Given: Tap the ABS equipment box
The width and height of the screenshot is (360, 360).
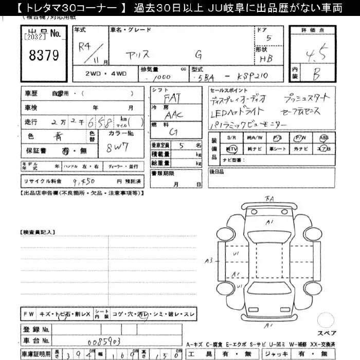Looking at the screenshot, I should [323, 138].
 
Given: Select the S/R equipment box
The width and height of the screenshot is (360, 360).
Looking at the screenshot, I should [231, 138].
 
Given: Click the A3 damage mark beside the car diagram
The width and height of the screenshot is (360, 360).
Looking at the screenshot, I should [208, 261].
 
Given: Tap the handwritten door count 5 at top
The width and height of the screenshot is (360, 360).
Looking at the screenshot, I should [268, 38].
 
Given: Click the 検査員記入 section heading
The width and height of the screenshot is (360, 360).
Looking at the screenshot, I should [37, 233].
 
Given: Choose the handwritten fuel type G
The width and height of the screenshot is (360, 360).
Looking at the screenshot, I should [173, 133].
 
